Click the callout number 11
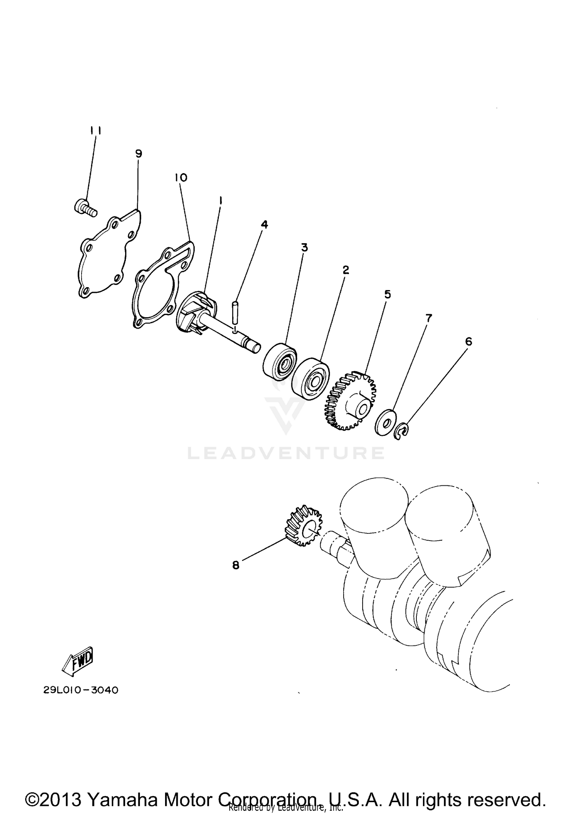pos(95,131)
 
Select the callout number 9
pos(138,154)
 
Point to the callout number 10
pos(181,178)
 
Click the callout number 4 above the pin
pos(264,225)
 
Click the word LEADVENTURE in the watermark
pos(286,453)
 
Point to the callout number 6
pos(468,342)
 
